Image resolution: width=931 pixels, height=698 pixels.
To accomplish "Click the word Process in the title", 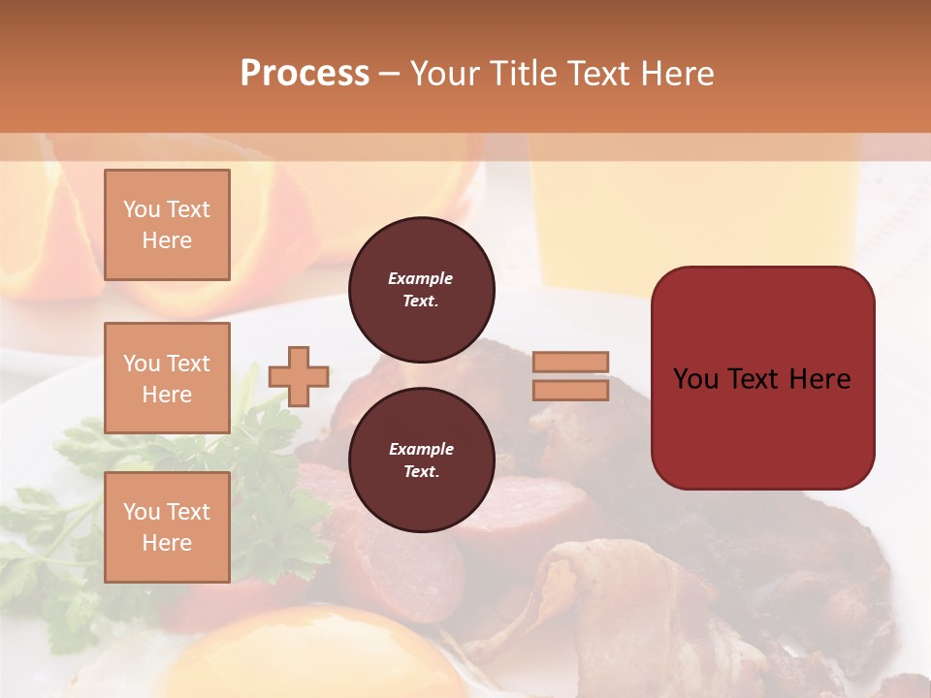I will [305, 74].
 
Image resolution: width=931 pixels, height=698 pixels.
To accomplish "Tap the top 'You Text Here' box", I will [167, 225].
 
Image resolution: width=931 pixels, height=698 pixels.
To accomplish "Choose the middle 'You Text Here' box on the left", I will [167, 378].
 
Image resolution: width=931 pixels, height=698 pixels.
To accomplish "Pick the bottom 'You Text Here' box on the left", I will [167, 526].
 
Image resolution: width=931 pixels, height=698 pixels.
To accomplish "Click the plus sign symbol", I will [299, 376].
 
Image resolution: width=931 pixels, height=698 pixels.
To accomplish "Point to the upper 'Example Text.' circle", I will [421, 290].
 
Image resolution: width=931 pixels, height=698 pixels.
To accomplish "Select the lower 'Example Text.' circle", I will [421, 460].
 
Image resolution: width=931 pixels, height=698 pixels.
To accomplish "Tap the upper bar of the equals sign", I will [570, 362].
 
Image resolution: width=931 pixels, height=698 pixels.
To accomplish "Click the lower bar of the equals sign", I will [570, 390].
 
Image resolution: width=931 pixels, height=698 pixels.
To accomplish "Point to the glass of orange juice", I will [693, 213].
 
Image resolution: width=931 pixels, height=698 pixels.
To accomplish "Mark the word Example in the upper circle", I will [421, 278].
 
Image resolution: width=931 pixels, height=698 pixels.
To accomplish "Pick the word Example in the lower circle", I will [421, 449].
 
